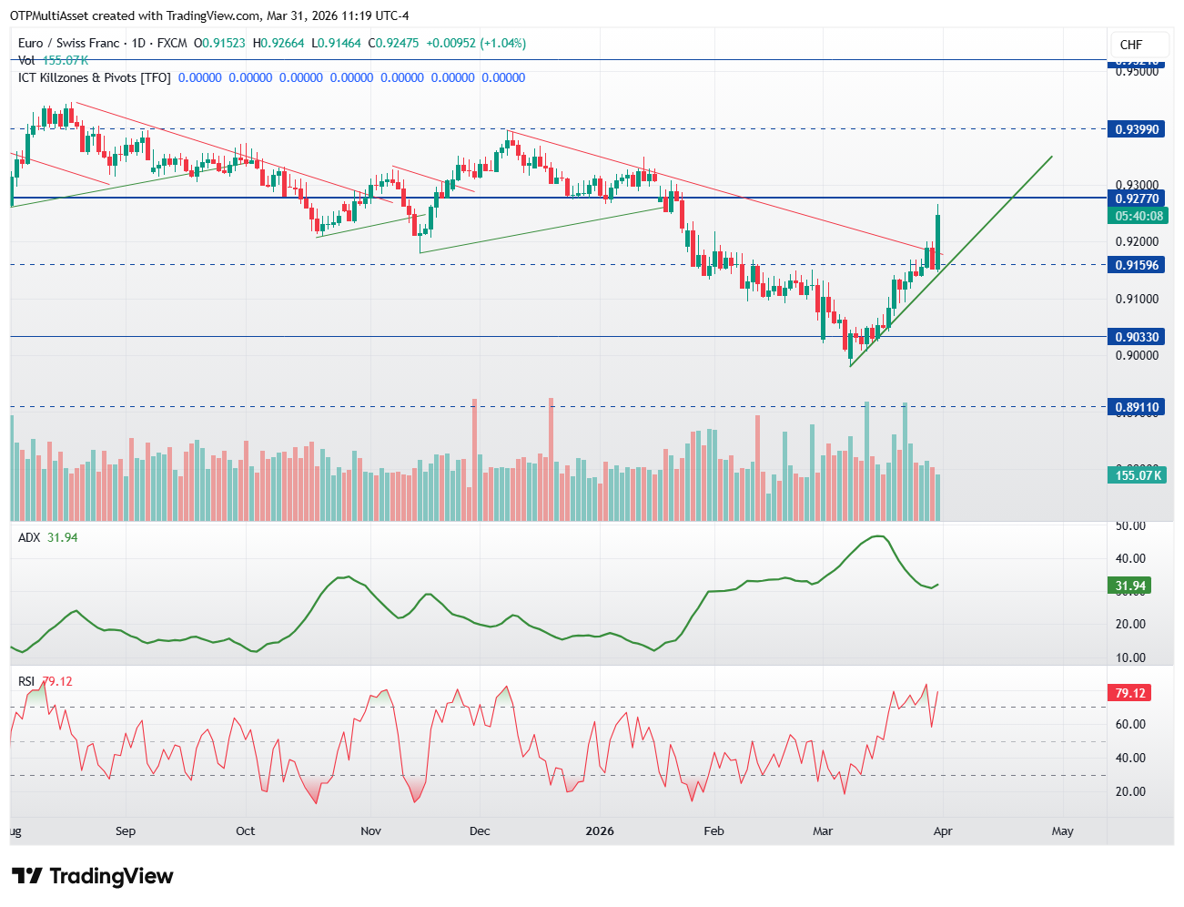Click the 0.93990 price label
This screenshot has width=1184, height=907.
point(1137,129)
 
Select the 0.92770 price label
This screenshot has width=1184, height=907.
point(1137,199)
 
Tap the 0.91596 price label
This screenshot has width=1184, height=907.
point(1137,265)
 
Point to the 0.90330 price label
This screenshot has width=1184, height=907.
point(1137,337)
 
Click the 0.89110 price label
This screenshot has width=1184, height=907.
point(1137,407)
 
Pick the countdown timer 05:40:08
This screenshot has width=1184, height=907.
point(1137,216)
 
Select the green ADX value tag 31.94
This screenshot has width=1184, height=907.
point(1130,586)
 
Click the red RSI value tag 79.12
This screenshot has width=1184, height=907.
point(1130,693)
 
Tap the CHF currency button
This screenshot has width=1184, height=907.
point(1131,45)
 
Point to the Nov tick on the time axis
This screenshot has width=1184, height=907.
point(370,831)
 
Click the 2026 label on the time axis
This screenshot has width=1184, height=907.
point(600,831)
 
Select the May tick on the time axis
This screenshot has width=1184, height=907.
point(1062,831)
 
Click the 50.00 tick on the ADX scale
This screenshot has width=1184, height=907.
point(1130,525)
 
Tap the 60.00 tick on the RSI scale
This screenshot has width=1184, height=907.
point(1130,725)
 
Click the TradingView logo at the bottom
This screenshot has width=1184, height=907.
point(92,876)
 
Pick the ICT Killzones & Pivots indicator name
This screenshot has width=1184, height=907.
point(95,77)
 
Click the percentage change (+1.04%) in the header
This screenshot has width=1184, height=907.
point(503,43)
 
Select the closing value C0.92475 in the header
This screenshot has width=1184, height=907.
point(393,43)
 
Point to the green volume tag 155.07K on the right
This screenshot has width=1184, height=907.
point(1137,475)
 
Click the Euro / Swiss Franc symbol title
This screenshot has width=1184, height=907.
point(68,43)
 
